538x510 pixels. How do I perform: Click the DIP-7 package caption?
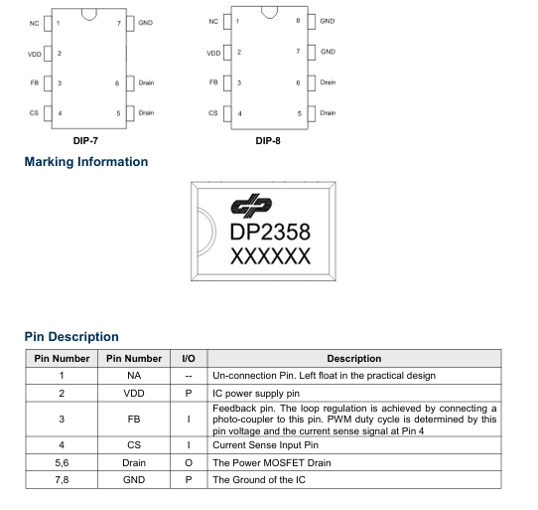(x=85, y=141)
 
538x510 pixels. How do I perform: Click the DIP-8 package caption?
(x=268, y=141)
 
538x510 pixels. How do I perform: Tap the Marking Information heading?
(x=86, y=162)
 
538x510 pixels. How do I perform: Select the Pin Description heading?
(x=71, y=336)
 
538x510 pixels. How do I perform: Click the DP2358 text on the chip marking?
(x=270, y=232)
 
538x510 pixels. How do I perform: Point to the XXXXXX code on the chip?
(x=270, y=256)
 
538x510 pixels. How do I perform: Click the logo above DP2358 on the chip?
(x=251, y=206)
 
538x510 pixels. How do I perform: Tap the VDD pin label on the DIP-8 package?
(x=213, y=54)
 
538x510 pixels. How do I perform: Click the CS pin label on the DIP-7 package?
(x=34, y=112)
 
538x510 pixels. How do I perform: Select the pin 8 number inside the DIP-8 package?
(x=298, y=21)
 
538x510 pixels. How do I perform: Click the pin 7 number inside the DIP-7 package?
(x=119, y=24)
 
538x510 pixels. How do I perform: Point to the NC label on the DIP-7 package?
(x=34, y=24)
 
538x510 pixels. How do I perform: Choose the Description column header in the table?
(x=354, y=359)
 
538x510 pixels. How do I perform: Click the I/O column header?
(x=189, y=359)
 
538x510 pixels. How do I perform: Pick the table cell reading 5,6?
(x=62, y=463)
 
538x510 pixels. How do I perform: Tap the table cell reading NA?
(x=134, y=375)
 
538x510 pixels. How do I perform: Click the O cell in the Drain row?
(x=189, y=463)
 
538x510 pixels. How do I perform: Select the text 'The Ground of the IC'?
(x=259, y=480)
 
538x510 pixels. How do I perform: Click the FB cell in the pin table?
(x=134, y=420)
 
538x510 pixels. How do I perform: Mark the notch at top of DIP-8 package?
(x=269, y=13)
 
